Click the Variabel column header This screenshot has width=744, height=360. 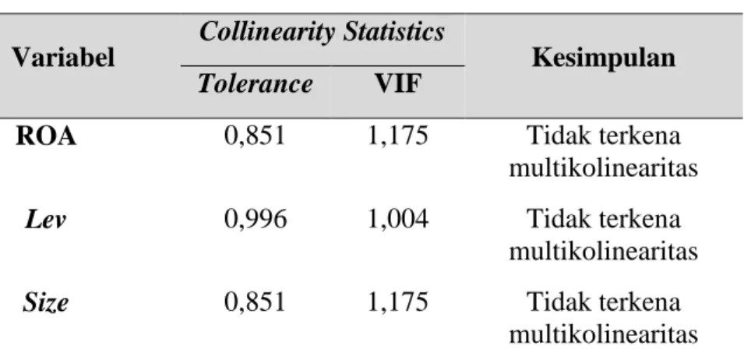point(64,58)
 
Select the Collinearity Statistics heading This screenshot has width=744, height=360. point(323,32)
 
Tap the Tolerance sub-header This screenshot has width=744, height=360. point(255,83)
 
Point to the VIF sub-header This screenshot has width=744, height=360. point(398,84)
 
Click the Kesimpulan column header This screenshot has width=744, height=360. point(604,58)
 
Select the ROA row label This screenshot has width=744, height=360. point(46,136)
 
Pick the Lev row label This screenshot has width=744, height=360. point(45,220)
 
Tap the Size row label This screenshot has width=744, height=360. point(45,302)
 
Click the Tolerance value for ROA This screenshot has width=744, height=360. point(256,136)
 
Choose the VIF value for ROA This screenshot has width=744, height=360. point(398,136)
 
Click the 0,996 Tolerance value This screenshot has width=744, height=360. point(256,219)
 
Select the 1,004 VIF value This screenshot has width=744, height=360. point(398,219)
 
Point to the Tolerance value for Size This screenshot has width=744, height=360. point(256,302)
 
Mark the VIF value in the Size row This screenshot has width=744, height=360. point(398,302)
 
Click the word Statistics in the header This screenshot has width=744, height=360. point(394,32)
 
